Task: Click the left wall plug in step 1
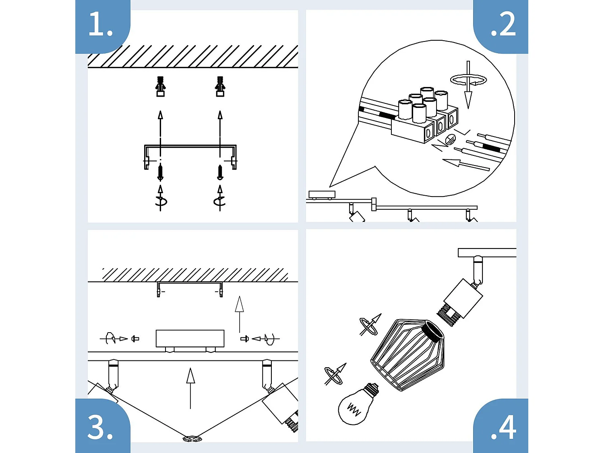[160, 86]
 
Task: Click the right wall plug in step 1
[220, 86]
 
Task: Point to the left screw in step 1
[160, 172]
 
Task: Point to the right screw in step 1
[220, 172]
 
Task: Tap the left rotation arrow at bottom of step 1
[161, 199]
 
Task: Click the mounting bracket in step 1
[190, 147]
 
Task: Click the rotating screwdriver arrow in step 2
[468, 81]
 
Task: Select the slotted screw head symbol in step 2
[450, 140]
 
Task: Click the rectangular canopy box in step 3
[190, 338]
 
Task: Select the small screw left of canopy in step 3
[135, 339]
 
